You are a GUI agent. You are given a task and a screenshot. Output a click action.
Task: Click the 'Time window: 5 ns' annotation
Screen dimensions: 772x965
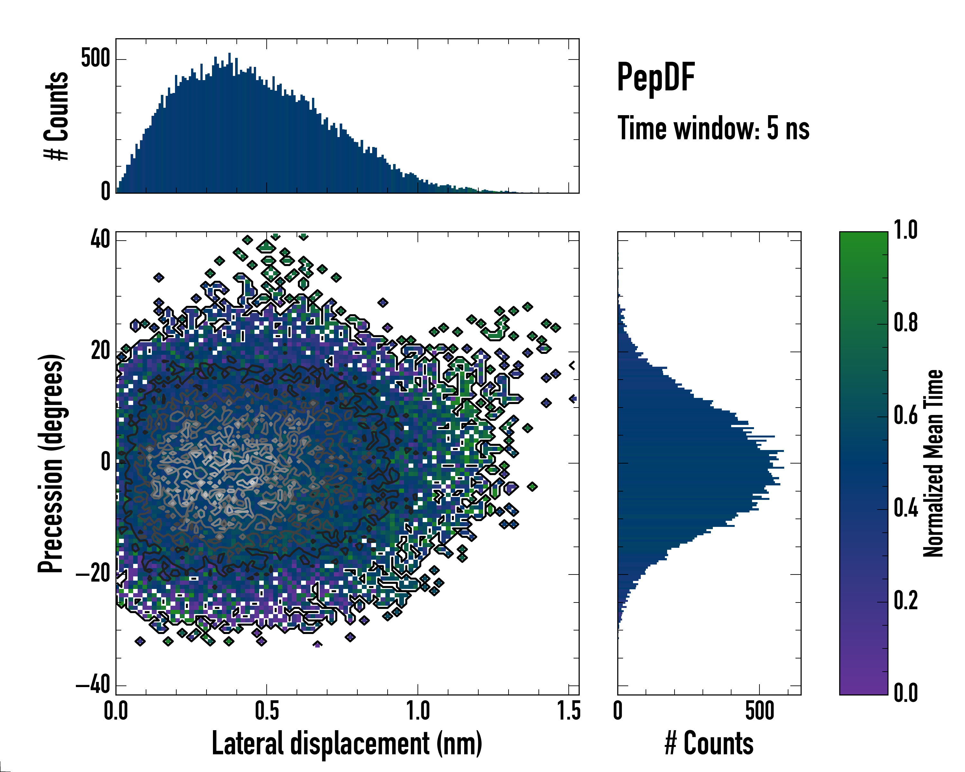click(713, 128)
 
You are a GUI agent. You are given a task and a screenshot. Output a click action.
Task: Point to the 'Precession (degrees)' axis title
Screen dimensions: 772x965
click(50, 464)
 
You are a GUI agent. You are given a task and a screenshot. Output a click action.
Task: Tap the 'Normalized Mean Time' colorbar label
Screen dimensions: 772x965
click(933, 464)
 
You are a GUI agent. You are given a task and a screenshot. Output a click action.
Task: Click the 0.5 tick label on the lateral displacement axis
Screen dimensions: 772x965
click(266, 711)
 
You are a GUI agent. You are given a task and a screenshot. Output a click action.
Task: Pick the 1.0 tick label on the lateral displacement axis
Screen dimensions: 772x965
click(418, 711)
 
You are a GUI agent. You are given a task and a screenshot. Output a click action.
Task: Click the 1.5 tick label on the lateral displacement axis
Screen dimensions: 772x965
click(568, 711)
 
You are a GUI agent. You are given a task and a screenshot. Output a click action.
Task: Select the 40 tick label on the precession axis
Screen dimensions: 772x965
click(100, 240)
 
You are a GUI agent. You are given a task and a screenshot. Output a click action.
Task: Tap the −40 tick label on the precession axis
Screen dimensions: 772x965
click(93, 685)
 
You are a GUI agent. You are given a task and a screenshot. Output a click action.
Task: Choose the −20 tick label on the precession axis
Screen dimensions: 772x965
click(93, 574)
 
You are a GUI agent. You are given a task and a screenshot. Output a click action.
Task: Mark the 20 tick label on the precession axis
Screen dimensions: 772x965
click(100, 351)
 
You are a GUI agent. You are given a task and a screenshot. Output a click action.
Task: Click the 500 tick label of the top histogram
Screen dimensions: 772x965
click(95, 59)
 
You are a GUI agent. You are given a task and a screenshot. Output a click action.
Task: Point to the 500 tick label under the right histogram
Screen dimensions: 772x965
click(759, 711)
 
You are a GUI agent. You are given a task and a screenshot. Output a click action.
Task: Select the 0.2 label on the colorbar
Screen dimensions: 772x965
click(905, 601)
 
